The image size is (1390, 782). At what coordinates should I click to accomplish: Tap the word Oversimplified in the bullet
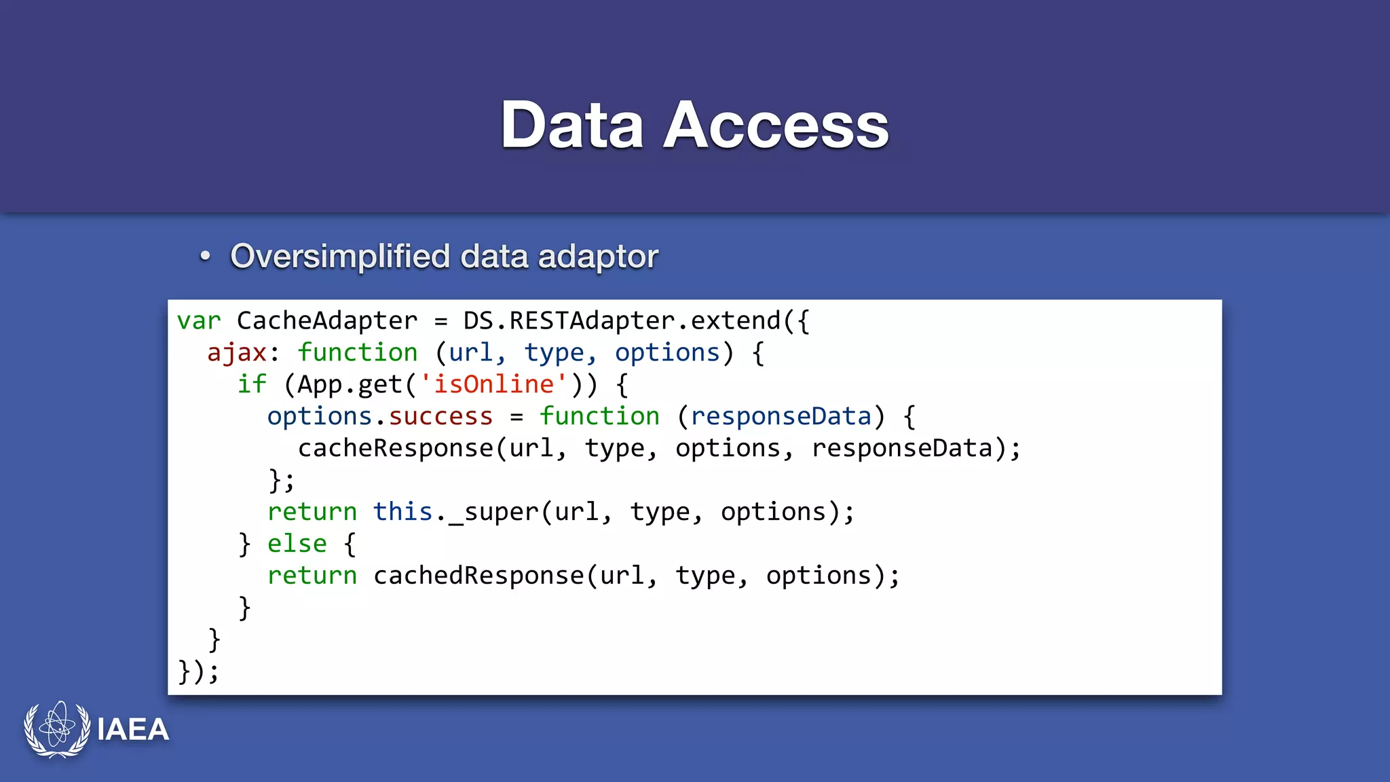coord(340,257)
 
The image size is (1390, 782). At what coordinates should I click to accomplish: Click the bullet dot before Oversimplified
coord(205,257)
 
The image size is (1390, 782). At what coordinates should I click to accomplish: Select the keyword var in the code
coord(199,321)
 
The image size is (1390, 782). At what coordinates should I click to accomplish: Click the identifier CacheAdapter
coord(327,321)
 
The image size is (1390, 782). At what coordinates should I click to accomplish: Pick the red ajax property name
coord(237,353)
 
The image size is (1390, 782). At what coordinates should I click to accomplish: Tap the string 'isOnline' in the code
coord(493,385)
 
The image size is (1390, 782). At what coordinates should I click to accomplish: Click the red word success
coord(440,416)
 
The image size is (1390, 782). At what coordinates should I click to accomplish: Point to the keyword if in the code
coord(252,385)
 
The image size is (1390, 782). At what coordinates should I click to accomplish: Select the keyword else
coord(297,544)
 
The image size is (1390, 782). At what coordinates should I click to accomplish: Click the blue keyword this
coord(402,512)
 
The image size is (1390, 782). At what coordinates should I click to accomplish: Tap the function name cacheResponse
coord(396,448)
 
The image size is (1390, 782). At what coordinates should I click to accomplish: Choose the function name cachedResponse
coord(478,576)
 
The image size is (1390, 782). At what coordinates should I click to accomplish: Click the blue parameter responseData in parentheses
coord(781,416)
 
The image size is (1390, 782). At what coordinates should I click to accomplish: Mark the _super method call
coord(493,512)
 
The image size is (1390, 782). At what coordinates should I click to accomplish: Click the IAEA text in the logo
coord(133,730)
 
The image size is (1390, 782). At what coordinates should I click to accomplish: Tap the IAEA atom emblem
coord(57,728)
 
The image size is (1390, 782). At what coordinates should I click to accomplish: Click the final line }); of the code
coord(198,671)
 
